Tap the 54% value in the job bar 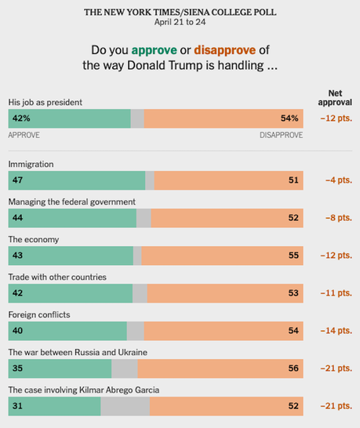point(289,118)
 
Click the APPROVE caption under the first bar point(24,135)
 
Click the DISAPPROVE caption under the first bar point(281,135)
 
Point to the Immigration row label point(31,164)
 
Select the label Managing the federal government point(71,201)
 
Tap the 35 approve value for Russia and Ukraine point(17,368)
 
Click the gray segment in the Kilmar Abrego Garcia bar point(125,406)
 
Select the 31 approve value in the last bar point(16,406)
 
